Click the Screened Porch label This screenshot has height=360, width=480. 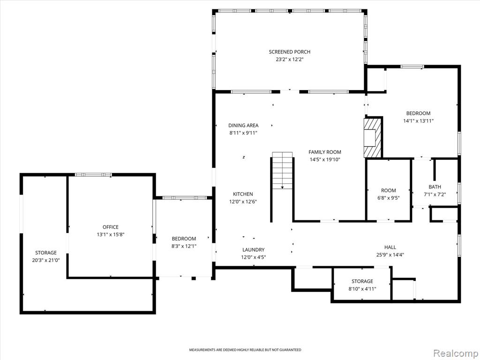click(289, 52)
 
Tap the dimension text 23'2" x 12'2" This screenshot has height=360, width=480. click(289, 60)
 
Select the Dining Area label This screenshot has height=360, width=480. click(243, 125)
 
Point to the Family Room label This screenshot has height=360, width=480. click(324, 152)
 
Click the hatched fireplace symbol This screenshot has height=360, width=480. click(373, 137)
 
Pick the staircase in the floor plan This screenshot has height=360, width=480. click(282, 171)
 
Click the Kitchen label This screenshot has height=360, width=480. click(243, 194)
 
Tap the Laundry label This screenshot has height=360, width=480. click(253, 250)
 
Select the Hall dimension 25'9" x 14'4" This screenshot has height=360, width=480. click(390, 255)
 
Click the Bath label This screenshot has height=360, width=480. click(435, 187)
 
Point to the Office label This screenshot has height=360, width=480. click(110, 227)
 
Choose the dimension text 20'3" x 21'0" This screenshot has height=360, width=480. click(45, 260)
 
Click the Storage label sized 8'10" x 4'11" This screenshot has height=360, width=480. click(362, 281)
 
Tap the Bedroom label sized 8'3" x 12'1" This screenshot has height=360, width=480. click(184, 239)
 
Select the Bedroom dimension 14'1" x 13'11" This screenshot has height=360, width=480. click(418, 121)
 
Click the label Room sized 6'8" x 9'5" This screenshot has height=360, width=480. click(389, 190)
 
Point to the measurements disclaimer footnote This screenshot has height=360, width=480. click(245, 350)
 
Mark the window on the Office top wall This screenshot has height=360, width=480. click(93, 175)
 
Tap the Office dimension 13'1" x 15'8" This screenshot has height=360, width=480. click(110, 235)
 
